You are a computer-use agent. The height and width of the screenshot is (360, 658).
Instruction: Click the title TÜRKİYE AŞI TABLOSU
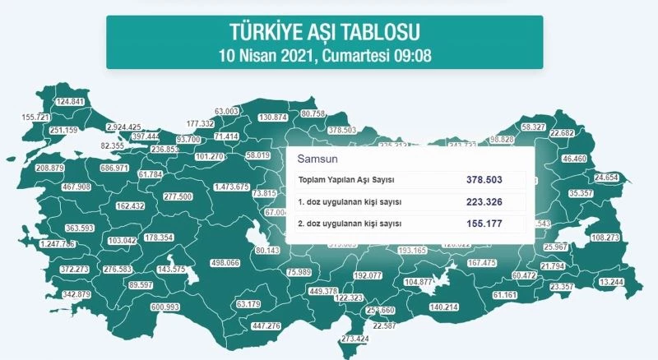(x=324, y=32)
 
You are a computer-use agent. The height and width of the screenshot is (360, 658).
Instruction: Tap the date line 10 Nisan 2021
(x=324, y=56)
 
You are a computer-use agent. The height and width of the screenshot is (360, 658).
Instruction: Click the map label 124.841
(x=70, y=102)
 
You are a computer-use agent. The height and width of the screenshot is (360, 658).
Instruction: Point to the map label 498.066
(x=225, y=263)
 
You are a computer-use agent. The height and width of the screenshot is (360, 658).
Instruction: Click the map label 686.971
(x=114, y=168)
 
